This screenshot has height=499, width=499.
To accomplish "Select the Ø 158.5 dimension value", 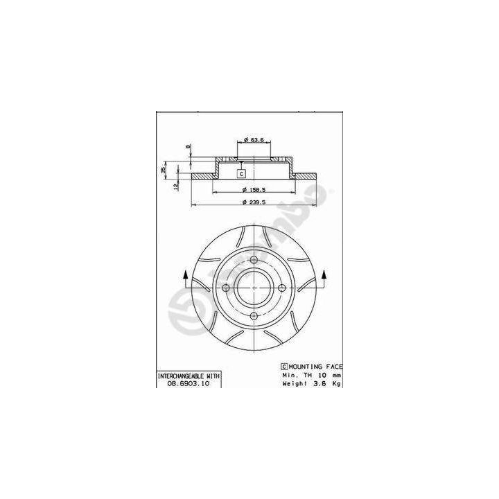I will pyautogui.click(x=254, y=190).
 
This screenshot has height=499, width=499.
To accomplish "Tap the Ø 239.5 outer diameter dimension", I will pyautogui.click(x=254, y=202).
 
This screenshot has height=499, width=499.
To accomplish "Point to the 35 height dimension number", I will pyautogui.click(x=164, y=170).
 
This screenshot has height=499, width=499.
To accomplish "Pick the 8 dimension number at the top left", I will pyautogui.click(x=186, y=146).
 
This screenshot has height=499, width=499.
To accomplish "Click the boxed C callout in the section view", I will pyautogui.click(x=240, y=173).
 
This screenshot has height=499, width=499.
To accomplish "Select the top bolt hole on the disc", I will pyautogui.click(x=254, y=260).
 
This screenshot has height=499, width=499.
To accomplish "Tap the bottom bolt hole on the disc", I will pyautogui.click(x=254, y=317).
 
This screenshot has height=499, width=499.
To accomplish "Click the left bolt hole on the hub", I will pyautogui.click(x=225, y=288).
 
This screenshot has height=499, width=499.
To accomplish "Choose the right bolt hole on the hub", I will pyautogui.click(x=282, y=288).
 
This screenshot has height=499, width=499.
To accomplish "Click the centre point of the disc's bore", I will pyautogui.click(x=254, y=288).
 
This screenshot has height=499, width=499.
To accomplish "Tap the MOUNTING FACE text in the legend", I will pyautogui.click(x=315, y=366).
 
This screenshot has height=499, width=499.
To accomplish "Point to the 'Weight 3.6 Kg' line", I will pyautogui.click(x=311, y=382).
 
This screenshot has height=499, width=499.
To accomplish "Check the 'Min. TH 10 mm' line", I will pyautogui.click(x=311, y=374).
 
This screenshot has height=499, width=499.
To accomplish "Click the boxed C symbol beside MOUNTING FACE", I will pyautogui.click(x=283, y=366).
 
